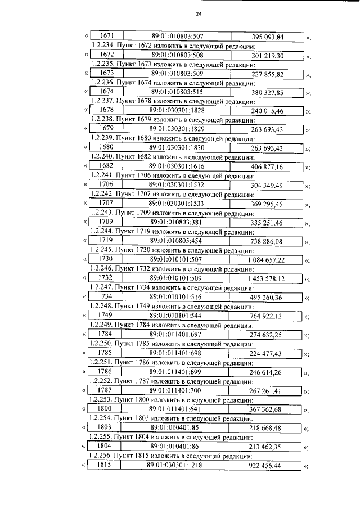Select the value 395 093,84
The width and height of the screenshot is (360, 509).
[x=267, y=37]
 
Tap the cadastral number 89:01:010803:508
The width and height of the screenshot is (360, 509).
[x=177, y=56]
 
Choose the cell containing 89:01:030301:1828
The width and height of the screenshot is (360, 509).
[x=177, y=111]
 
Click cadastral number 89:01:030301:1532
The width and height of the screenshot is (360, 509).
[x=177, y=184]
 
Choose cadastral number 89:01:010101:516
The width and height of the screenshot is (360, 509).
[x=177, y=296]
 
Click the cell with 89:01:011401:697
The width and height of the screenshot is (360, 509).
[x=177, y=334]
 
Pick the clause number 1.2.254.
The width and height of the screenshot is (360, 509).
[x=102, y=418]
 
